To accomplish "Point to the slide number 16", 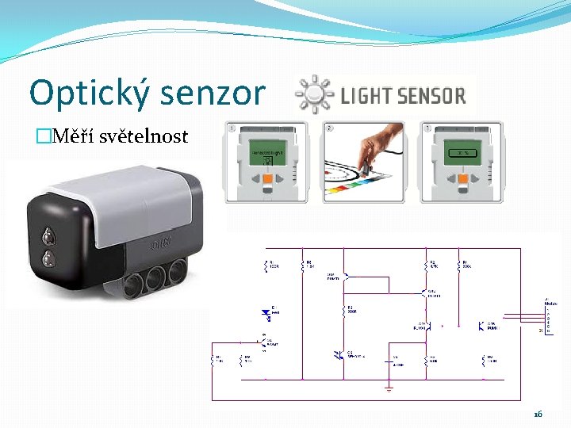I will pyautogui.click(x=538, y=415).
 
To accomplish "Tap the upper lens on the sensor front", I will pyautogui.click(x=49, y=235).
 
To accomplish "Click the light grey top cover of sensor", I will pyautogui.click(x=127, y=190).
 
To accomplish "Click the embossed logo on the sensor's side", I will pyautogui.click(x=160, y=243).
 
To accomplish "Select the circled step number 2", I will pyautogui.click(x=329, y=127).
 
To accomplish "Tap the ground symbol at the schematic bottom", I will pyautogui.click(x=389, y=389).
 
